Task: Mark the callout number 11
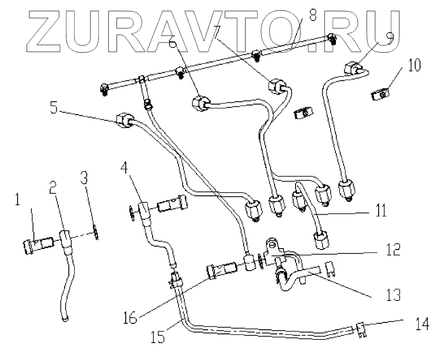(x=380, y=212)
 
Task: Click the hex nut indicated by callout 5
(x=123, y=121)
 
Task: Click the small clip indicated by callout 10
(x=379, y=95)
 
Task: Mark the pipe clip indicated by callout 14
(x=360, y=330)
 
